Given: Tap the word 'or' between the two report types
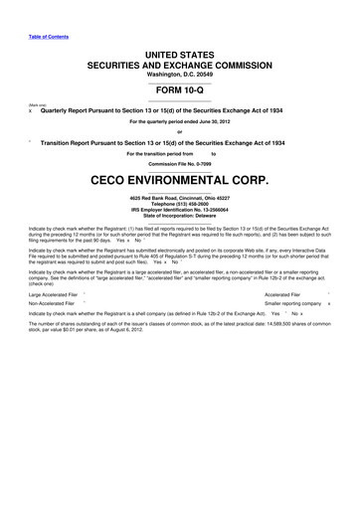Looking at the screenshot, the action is [x=179, y=135].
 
